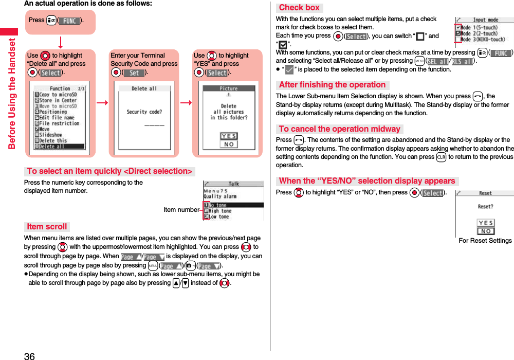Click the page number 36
[x=29, y=356]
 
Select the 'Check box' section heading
[x=299, y=8]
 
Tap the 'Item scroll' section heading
[x=47, y=227]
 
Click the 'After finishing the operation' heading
[x=332, y=85]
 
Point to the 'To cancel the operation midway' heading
[x=339, y=129]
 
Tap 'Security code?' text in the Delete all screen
[x=144, y=112]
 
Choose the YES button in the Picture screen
[x=229, y=136]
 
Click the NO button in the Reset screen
[x=486, y=231]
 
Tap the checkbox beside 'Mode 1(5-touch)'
[x=458, y=27]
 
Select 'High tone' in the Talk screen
[x=220, y=211]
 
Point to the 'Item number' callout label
[x=181, y=210]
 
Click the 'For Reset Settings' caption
[x=485, y=241]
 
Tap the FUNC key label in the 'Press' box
[x=69, y=21]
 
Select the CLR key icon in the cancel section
[x=440, y=157]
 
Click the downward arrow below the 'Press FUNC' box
[x=60, y=41]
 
